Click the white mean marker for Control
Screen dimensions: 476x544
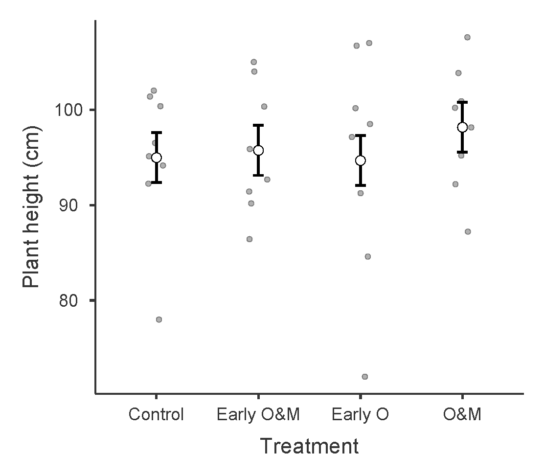157,158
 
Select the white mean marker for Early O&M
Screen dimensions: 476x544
258,150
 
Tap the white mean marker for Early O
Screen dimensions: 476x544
361,160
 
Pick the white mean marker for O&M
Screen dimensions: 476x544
462,127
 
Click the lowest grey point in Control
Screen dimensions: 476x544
159,319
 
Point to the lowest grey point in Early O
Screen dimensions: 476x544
364,377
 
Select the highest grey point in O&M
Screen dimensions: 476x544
467,37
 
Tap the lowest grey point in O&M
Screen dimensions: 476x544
468,231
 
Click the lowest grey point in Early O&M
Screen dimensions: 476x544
249,239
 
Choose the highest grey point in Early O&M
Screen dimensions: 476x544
254,62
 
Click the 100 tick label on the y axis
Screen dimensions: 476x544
68,110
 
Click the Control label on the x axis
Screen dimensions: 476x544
156,415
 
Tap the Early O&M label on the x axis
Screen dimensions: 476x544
258,415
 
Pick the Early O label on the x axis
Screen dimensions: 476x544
360,415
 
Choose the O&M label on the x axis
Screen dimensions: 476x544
462,415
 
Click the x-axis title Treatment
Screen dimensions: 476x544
309,446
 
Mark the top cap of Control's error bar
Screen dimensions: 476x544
157,133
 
